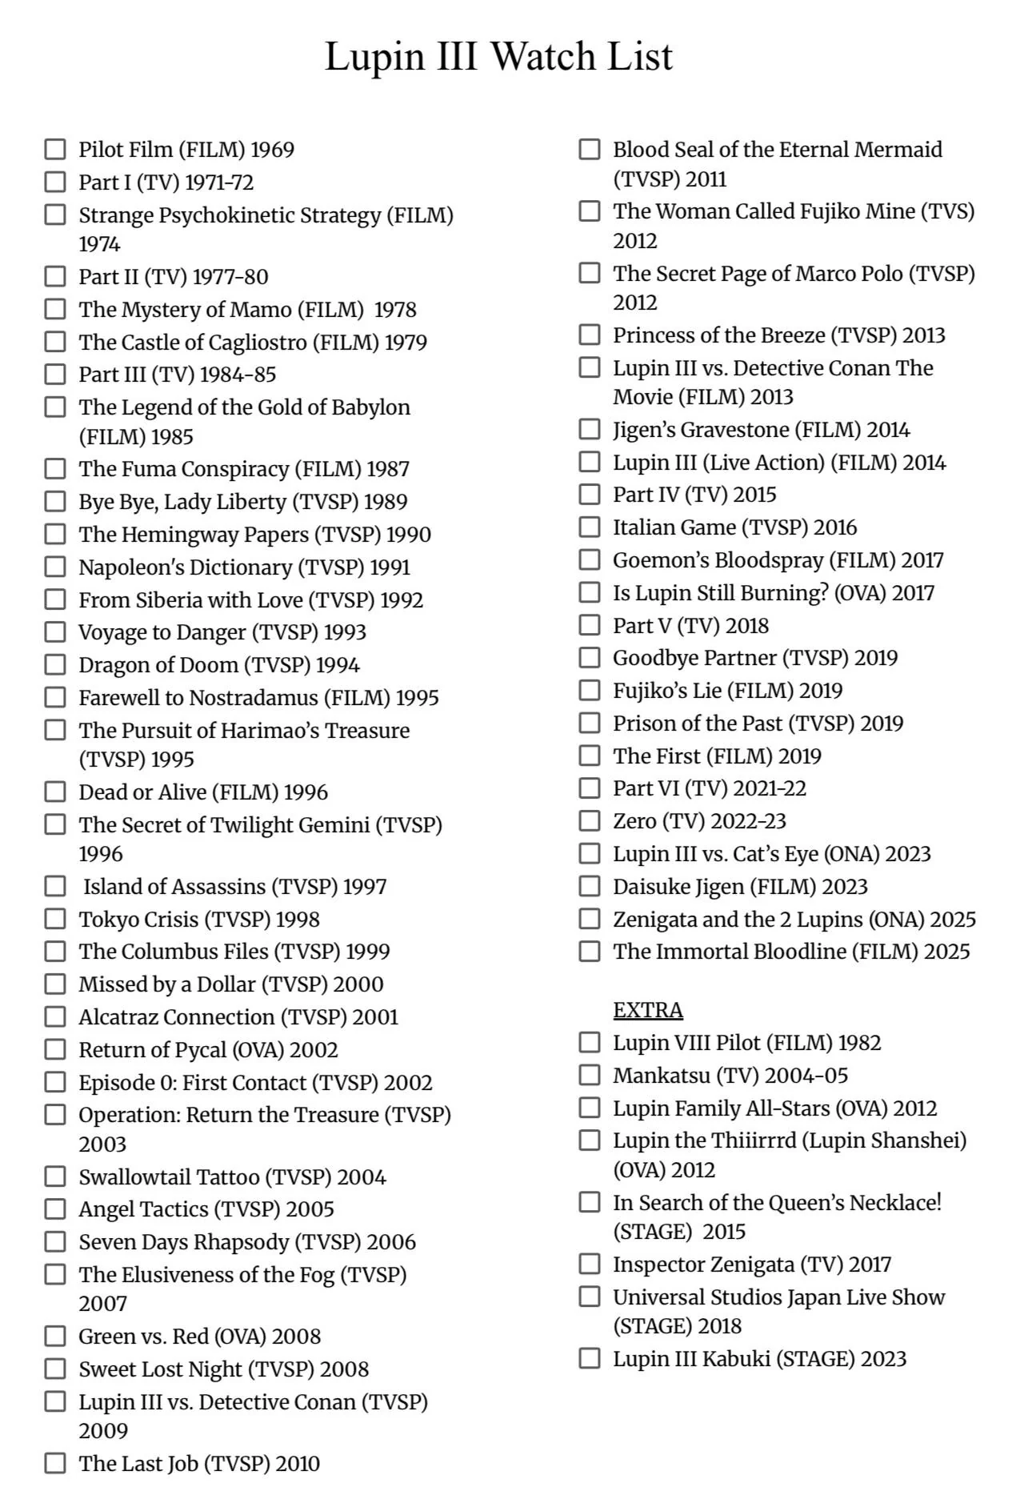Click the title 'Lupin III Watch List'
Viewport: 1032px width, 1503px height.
pyautogui.click(x=498, y=57)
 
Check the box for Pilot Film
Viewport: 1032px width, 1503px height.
pyautogui.click(x=54, y=150)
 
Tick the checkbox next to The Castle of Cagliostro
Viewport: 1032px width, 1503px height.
pyautogui.click(x=54, y=342)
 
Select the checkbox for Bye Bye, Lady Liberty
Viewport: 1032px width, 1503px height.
pyautogui.click(x=54, y=502)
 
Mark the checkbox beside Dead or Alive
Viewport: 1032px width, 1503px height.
pyautogui.click(x=54, y=792)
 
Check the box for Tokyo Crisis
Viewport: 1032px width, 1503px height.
pyautogui.click(x=54, y=919)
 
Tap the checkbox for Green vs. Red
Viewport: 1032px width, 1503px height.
pyautogui.click(x=54, y=1336)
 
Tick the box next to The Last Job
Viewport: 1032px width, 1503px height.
pyautogui.click(x=54, y=1463)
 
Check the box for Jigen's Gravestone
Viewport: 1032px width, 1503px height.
pyautogui.click(x=590, y=430)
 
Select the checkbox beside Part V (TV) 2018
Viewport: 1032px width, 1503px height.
pyautogui.click(x=590, y=625)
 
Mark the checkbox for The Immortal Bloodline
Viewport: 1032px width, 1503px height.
pyautogui.click(x=590, y=952)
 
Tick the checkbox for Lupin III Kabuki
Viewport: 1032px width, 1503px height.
pyautogui.click(x=590, y=1358)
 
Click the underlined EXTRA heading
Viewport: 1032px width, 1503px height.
pyautogui.click(x=648, y=1010)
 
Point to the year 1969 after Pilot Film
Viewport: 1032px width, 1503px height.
pyautogui.click(x=272, y=150)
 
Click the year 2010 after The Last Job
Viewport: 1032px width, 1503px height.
pyautogui.click(x=297, y=1464)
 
